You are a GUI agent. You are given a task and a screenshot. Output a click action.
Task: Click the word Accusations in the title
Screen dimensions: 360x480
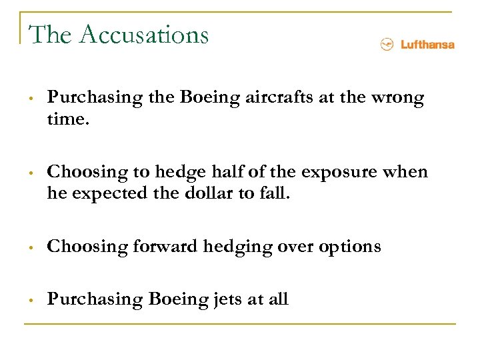click(x=143, y=34)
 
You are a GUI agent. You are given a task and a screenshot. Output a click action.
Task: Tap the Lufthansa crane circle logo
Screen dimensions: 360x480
click(x=385, y=45)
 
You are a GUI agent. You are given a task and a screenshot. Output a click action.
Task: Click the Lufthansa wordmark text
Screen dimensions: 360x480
click(x=427, y=45)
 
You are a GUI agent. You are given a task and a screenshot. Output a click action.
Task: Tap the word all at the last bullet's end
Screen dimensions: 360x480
click(x=277, y=299)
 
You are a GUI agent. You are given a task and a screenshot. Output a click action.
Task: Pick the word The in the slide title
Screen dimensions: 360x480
click(x=51, y=34)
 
